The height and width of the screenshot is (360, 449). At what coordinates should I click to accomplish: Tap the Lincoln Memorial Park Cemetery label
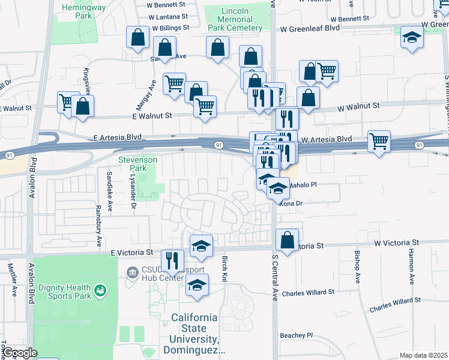(x=234, y=19)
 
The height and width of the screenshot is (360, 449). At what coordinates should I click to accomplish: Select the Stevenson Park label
(x=137, y=164)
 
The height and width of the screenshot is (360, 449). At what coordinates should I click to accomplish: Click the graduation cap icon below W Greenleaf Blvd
(x=412, y=38)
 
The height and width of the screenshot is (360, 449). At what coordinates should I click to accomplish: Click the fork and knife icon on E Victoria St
(x=173, y=260)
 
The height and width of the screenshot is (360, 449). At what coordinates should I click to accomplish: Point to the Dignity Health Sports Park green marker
(x=101, y=291)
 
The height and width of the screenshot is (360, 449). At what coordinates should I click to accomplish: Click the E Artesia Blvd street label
(x=117, y=137)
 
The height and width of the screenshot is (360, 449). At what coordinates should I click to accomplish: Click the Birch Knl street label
(x=225, y=265)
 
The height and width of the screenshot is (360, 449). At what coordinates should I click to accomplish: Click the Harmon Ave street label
(x=412, y=266)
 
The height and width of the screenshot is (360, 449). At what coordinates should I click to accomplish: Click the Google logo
(x=20, y=353)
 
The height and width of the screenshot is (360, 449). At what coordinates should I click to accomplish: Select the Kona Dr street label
(x=290, y=203)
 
